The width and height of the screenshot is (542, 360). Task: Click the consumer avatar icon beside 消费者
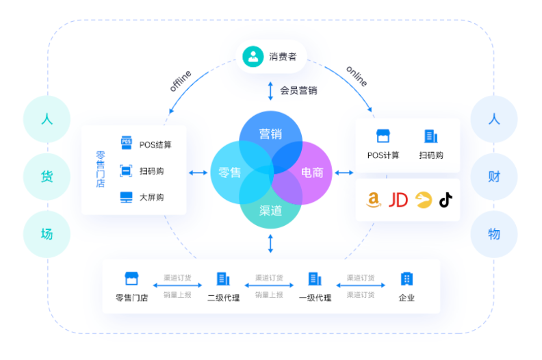(253, 56)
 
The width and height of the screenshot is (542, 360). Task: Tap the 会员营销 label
(298, 90)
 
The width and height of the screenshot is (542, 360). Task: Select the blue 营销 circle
(269, 134)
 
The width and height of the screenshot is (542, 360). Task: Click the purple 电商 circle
(311, 172)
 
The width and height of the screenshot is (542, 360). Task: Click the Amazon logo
(373, 200)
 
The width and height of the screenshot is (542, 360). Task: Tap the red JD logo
(398, 200)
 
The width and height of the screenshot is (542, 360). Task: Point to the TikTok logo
(446, 200)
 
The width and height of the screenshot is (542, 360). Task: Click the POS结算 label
(155, 144)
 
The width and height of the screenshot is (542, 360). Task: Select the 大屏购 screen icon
(127, 197)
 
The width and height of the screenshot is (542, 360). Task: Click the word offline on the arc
(181, 81)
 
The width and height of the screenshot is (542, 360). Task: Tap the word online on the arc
(357, 76)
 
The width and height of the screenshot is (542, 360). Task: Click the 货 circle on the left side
(47, 176)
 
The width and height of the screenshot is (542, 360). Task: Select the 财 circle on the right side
(494, 176)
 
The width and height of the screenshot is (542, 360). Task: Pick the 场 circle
(47, 233)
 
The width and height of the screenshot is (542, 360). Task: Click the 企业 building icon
(406, 279)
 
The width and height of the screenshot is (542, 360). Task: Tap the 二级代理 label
(223, 298)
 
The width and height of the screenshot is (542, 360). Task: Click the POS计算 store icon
(383, 136)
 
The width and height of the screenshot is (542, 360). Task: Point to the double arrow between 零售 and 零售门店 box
(198, 172)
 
